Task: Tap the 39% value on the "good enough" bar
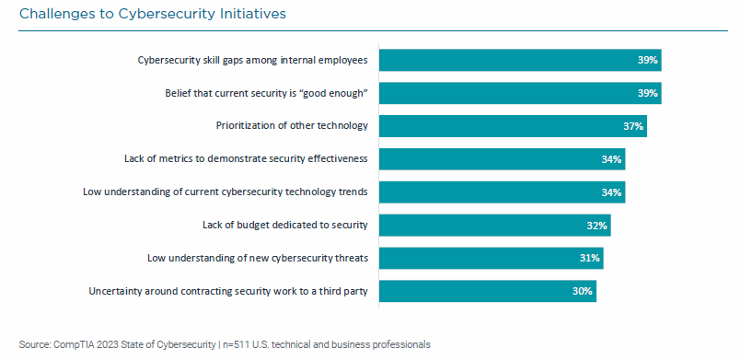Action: [647, 93]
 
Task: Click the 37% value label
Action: [632, 126]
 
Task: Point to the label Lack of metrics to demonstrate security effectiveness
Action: [246, 158]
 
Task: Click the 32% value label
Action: [596, 226]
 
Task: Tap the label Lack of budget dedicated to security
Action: [284, 225]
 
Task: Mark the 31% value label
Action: [589, 259]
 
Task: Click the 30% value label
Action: [582, 292]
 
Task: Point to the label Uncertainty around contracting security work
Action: [228, 291]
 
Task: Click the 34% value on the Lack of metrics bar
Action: [611, 159]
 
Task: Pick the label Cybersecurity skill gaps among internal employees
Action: [252, 60]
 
